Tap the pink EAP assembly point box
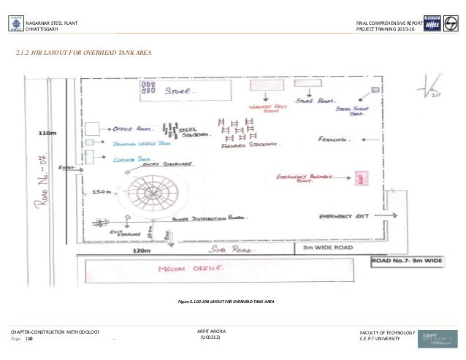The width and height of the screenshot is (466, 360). coord(359,179)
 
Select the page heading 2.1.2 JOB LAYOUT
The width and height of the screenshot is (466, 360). coord(85,53)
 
